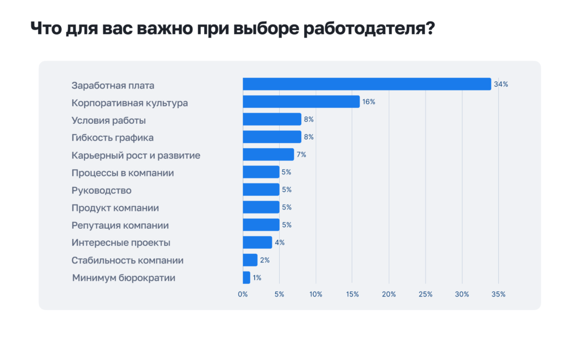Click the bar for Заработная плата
click(x=367, y=84)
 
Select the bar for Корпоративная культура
click(x=301, y=102)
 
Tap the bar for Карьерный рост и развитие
click(x=268, y=154)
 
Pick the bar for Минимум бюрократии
click(x=246, y=278)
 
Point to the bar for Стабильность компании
click(x=250, y=260)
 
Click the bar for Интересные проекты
click(x=257, y=242)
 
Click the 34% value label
click(x=501, y=84)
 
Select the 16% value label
click(x=369, y=102)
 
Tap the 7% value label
click(x=301, y=154)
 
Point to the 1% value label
click(x=257, y=278)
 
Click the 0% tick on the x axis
click(x=243, y=294)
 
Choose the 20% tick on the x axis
click(x=389, y=294)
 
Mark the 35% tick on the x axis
click(x=498, y=294)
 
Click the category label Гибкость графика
click(x=112, y=137)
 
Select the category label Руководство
click(x=102, y=190)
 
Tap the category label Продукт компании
click(x=115, y=208)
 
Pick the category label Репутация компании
click(x=120, y=225)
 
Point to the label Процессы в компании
click(x=123, y=173)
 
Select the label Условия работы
click(x=108, y=120)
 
